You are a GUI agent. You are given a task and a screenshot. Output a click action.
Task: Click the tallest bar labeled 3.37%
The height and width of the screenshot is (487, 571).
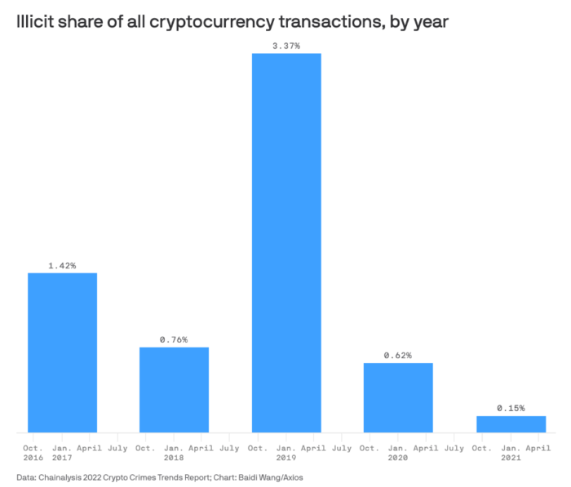tap(286, 243)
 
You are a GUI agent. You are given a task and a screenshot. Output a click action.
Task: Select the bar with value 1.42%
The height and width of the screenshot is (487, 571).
tap(62, 352)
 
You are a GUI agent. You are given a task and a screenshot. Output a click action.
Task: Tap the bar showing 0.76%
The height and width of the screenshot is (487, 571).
tap(174, 390)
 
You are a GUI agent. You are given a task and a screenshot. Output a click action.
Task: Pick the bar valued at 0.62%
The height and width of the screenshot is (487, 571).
tap(398, 398)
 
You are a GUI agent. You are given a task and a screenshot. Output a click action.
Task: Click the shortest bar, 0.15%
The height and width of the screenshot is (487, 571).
tap(511, 424)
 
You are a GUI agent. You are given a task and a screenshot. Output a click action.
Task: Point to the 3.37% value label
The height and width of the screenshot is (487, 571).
tap(286, 46)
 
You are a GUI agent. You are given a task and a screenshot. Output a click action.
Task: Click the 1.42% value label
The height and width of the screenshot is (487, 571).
tap(62, 266)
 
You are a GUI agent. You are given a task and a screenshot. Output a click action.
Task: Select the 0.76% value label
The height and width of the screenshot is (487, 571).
tap(174, 339)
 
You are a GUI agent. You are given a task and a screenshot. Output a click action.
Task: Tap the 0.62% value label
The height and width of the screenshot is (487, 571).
tap(398, 355)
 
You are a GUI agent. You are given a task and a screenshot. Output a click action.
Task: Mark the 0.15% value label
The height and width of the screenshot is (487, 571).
tap(511, 409)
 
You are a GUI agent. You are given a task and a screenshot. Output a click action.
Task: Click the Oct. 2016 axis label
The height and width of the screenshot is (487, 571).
tap(33, 453)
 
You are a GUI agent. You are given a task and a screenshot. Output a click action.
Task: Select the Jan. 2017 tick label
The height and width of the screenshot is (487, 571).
tap(62, 453)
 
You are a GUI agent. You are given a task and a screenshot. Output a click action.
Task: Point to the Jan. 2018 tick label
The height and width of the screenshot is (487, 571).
tap(174, 453)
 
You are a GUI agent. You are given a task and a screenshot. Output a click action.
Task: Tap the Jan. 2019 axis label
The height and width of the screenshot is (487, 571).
tap(286, 453)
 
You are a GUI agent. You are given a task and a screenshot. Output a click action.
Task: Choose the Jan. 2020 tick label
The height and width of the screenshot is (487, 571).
tap(398, 453)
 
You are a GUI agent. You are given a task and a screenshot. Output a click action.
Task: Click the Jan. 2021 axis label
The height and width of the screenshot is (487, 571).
tap(511, 453)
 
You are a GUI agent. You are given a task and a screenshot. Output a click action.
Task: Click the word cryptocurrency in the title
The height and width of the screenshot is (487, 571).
tap(212, 22)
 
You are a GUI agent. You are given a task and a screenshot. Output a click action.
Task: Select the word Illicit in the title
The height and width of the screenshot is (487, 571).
tap(34, 21)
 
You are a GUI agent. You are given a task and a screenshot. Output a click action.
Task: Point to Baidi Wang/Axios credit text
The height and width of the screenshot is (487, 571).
tap(271, 477)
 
